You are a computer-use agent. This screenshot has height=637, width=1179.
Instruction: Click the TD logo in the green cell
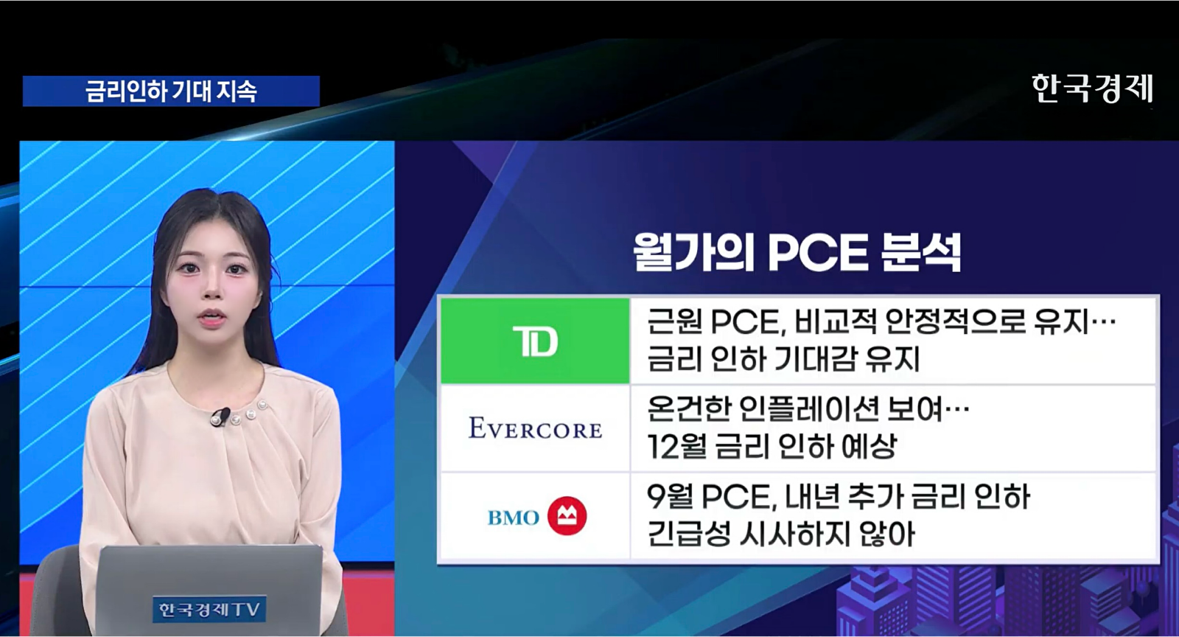[535, 341]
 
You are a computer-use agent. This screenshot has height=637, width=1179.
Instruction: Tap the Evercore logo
[535, 428]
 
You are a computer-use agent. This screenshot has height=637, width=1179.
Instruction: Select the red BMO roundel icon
[567, 516]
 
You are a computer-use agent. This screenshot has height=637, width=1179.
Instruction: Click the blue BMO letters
[513, 518]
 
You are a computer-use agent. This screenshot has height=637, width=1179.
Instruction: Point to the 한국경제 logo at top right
[1092, 88]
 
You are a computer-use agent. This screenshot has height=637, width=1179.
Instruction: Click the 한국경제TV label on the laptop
[209, 610]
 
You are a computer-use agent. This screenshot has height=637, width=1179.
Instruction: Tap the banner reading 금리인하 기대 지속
[171, 91]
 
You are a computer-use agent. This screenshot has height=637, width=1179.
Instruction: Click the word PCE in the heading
[817, 253]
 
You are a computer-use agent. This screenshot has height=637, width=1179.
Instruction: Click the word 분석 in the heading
[921, 253]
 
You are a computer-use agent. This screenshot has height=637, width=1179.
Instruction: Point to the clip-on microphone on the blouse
[220, 416]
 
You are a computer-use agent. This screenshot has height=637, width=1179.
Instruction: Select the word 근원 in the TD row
[674, 321]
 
